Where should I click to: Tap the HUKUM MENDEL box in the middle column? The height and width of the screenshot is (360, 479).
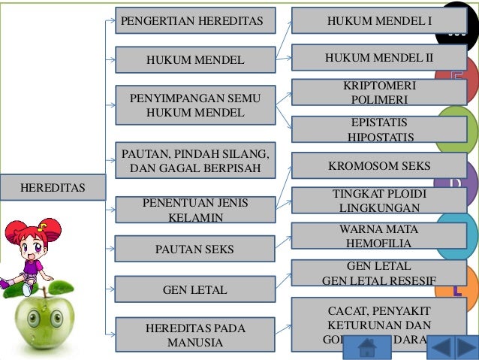195,59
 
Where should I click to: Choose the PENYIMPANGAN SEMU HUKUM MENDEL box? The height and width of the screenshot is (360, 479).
195,105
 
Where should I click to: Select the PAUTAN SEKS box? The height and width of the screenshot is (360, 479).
195,248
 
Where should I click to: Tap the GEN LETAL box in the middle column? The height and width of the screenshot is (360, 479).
195,289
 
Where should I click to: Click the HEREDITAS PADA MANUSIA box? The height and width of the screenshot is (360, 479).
195,335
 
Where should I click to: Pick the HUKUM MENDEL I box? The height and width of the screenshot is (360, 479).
379,20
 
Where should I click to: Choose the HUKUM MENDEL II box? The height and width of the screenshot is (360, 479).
379,58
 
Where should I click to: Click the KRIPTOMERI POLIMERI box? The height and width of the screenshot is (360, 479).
379,92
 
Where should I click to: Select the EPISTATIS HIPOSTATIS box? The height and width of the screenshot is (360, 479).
379,129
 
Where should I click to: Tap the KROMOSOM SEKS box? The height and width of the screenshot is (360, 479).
379,165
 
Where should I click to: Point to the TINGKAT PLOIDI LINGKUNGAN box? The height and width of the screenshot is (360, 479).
379,200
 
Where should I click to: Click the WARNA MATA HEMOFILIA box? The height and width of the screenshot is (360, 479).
379,236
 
